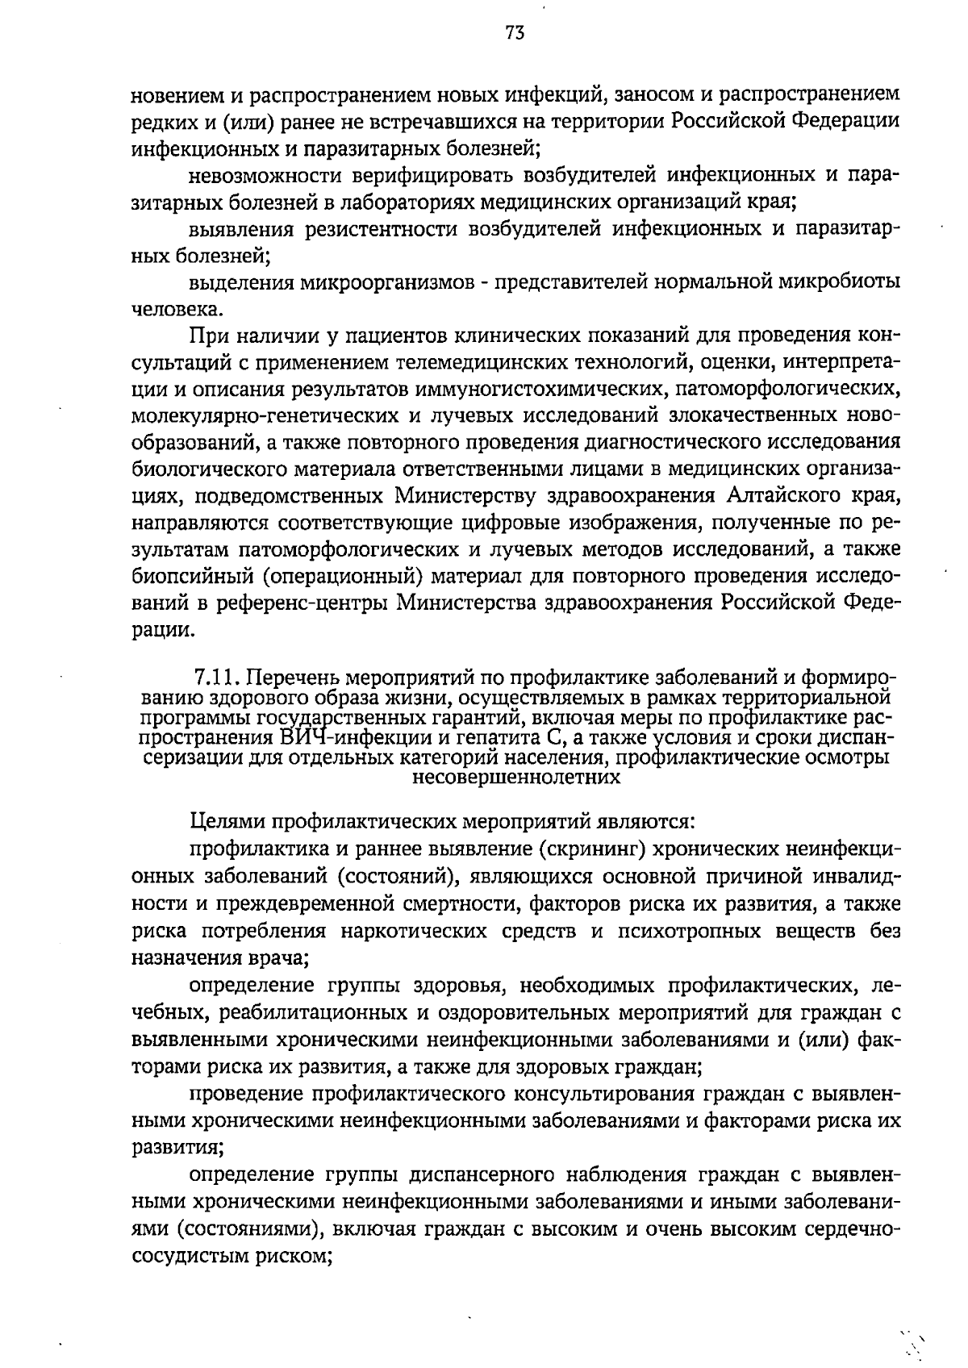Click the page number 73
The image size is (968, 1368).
515,32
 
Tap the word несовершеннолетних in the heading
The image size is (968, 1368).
516,778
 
